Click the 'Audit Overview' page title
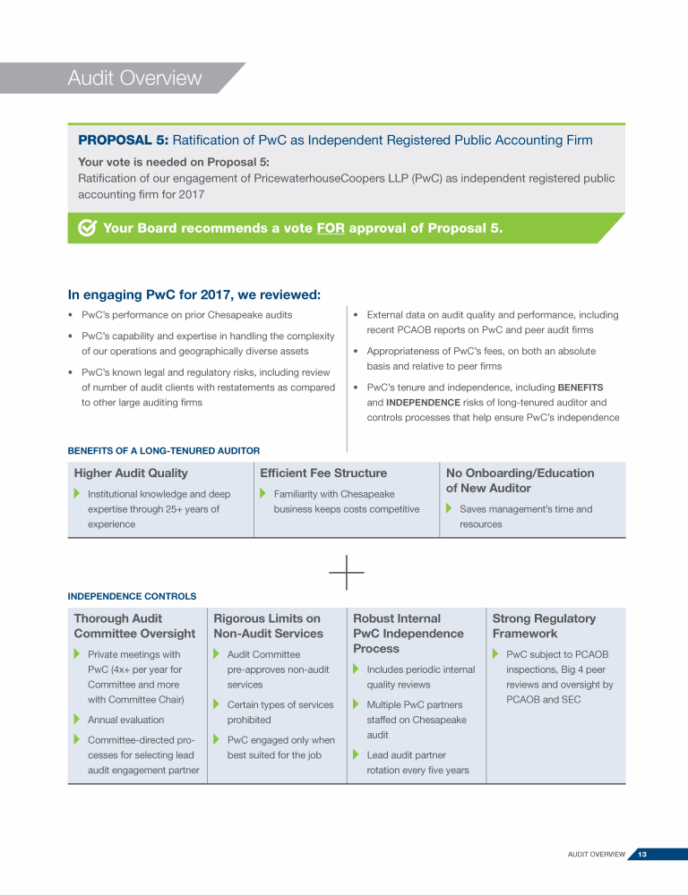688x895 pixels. (134, 79)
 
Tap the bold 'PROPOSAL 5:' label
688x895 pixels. (123, 141)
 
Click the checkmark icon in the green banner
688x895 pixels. (88, 228)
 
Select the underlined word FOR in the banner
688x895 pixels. (331, 228)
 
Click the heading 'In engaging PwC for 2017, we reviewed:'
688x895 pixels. (194, 294)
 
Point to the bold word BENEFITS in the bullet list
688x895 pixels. (581, 388)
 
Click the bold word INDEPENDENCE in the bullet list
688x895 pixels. (424, 403)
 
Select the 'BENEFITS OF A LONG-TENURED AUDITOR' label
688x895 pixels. (164, 450)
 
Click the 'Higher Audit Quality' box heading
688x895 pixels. (131, 473)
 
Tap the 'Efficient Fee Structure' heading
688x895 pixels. (323, 473)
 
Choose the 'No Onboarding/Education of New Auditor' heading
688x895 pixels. (520, 481)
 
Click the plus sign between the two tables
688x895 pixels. (347, 571)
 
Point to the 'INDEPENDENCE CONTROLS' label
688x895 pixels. (132, 595)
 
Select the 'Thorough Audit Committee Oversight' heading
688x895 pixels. (134, 626)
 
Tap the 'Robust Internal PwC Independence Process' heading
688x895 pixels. (408, 633)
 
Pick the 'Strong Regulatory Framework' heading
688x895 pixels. (544, 626)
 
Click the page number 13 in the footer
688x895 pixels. (642, 855)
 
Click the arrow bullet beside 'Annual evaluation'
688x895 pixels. (76, 720)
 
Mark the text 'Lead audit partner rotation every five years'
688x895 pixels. (417, 763)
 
